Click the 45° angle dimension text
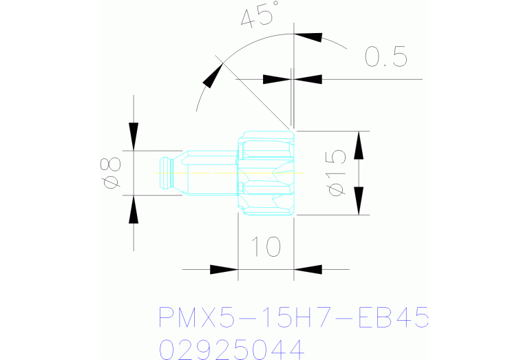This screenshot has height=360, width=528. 260,14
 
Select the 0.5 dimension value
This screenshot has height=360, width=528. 386,56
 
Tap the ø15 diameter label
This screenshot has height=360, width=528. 337,173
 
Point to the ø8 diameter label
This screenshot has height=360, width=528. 110,173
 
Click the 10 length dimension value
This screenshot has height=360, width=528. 266,246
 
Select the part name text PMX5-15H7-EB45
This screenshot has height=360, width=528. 293,317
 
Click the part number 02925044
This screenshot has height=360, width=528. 232,350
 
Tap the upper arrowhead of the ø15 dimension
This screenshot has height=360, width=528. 359,145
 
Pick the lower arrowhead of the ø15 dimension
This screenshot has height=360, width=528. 359,201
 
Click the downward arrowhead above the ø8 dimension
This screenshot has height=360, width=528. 134,136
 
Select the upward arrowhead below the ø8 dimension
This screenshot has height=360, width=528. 134,209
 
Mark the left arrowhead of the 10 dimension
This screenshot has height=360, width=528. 224,269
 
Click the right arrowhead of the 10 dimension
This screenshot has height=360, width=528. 308,269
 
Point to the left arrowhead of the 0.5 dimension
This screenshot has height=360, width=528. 277,79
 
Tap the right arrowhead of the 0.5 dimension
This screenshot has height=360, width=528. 308,79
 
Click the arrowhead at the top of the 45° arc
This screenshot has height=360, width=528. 308,37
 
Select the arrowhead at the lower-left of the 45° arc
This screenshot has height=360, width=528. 213,76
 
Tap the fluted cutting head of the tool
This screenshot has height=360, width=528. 266,173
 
